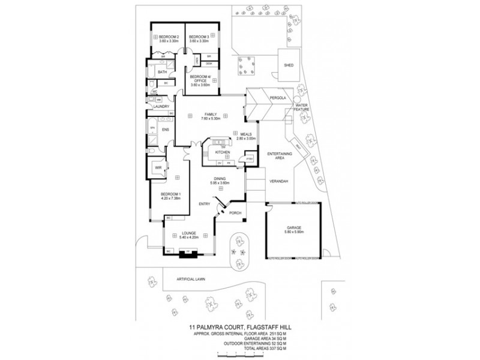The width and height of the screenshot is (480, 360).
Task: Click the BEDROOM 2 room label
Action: tap(170, 37)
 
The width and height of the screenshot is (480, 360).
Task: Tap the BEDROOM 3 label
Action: tap(199, 37)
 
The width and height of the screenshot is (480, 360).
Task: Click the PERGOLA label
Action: tap(276, 97)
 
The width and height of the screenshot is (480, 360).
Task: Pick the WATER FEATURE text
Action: tap(301, 107)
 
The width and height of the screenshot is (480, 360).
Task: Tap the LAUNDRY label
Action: tap(162, 106)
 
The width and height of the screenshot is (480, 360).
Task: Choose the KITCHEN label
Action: tap(223, 153)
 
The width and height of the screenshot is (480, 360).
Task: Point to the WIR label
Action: tap(159, 168)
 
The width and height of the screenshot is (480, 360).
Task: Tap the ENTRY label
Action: tap(205, 204)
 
